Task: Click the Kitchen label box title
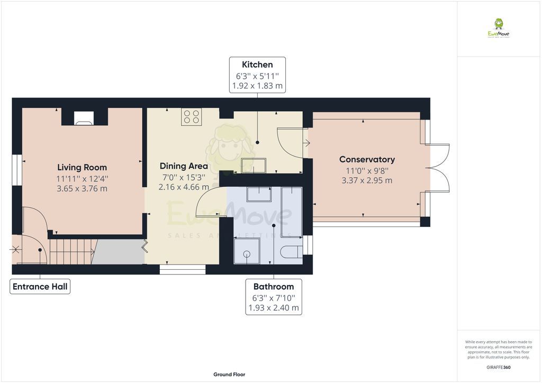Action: tap(257, 65)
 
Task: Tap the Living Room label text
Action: tap(82, 168)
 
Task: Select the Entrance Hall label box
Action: tap(40, 287)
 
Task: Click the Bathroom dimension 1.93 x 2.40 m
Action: tap(274, 307)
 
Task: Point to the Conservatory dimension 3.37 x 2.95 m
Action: tap(367, 180)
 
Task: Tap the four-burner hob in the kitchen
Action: tap(191, 116)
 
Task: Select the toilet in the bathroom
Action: tap(292, 251)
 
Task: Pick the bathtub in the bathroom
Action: tap(291, 211)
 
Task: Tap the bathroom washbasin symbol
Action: tap(259, 194)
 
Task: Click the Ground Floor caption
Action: tap(229, 375)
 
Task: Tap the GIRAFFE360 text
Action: tap(499, 367)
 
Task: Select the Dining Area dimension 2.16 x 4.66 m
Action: tap(184, 187)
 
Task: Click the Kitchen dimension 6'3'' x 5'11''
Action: tap(257, 75)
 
